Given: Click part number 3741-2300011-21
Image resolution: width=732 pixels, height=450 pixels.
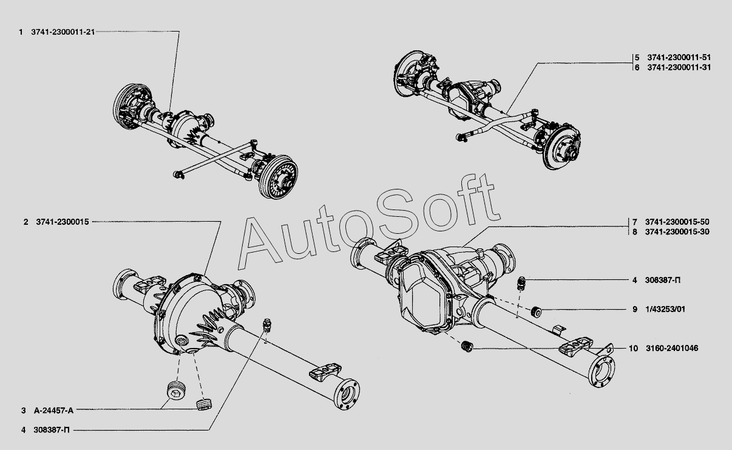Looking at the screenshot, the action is tap(63, 31).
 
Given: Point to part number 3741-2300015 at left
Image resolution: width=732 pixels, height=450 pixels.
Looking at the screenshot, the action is tap(63, 222).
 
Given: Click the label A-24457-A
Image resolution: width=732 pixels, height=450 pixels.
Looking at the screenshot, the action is tap(54, 410).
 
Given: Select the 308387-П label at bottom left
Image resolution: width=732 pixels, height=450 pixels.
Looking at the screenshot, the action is tap(53, 429).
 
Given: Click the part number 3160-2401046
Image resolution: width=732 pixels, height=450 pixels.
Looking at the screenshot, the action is tap(672, 349).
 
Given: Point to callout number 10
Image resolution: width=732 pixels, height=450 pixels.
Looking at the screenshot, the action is tap(633, 349).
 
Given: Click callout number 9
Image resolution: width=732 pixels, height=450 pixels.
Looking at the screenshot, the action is tap(634, 309).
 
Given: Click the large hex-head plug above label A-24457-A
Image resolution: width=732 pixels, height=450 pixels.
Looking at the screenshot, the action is tap(175, 392).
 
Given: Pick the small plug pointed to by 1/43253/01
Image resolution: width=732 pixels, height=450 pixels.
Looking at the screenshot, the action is tap(536, 312).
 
